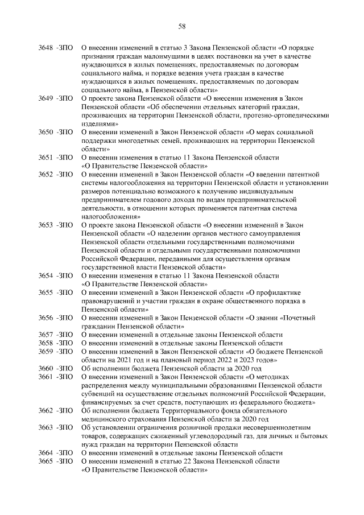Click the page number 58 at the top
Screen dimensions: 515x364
click(x=182, y=26)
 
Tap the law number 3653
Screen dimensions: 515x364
click(x=47, y=226)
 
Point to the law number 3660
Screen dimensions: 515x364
click(x=47, y=368)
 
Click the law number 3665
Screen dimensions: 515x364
click(x=47, y=462)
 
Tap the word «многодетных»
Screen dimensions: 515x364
click(x=135, y=140)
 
